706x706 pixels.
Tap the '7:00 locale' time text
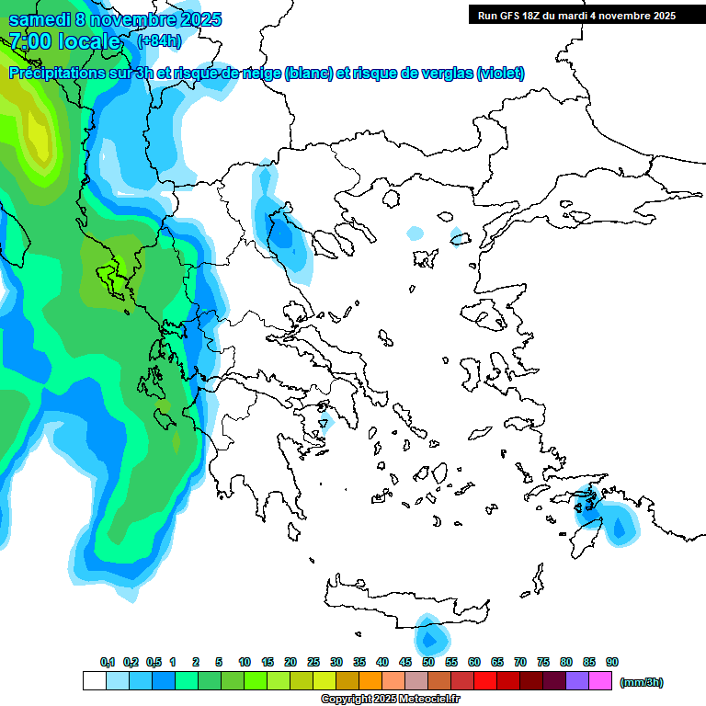click(x=64, y=41)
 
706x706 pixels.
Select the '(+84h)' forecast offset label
click(x=159, y=40)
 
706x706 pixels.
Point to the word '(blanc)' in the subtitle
click(x=308, y=74)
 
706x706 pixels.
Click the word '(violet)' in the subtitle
click(x=500, y=74)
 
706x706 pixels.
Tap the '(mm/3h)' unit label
click(x=641, y=682)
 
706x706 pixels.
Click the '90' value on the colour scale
click(x=612, y=662)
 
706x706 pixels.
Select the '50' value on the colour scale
click(x=428, y=662)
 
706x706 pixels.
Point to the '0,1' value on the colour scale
click(x=108, y=662)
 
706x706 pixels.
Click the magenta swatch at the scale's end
click(x=601, y=681)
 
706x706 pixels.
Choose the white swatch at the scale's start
click(x=94, y=681)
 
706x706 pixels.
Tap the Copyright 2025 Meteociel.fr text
click(x=390, y=699)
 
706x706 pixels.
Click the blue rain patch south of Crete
click(x=429, y=636)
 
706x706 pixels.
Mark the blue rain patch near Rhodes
click(x=618, y=527)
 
